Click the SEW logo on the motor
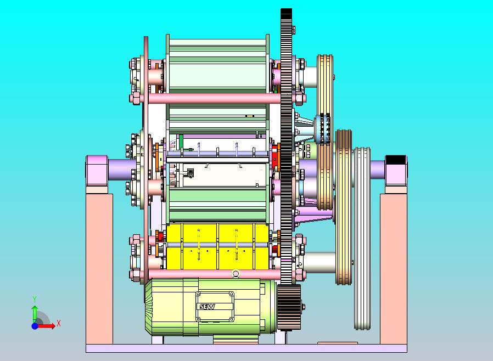click(x=207, y=307)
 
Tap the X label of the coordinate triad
click(x=59, y=323)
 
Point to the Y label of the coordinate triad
click(x=35, y=299)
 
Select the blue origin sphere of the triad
click(x=35, y=326)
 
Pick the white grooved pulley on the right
click(x=362, y=239)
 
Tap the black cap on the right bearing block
click(x=395, y=160)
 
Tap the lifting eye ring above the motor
click(x=236, y=273)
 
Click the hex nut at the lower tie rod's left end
click(x=135, y=274)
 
